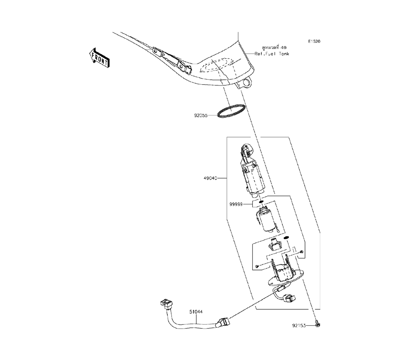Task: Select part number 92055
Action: point(201,116)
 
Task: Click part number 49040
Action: point(210,178)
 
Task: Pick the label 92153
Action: point(299,326)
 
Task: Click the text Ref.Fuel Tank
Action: point(272,54)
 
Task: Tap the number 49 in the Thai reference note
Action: point(283,47)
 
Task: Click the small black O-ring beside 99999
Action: point(261,201)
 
